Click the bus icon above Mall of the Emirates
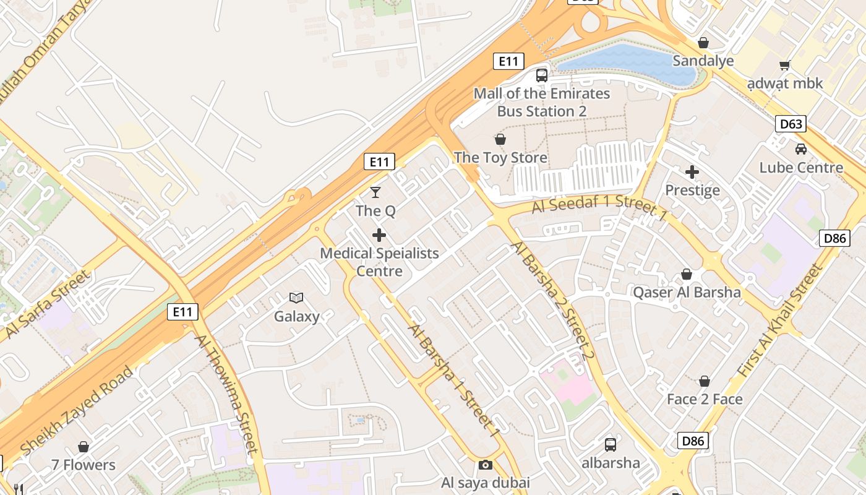(542, 75)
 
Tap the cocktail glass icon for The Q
(375, 192)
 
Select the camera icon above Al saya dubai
(486, 465)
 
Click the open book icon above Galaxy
(297, 298)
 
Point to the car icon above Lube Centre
(801, 149)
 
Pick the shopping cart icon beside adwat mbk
(785, 65)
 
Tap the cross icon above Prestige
(692, 172)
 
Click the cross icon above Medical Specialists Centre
(379, 235)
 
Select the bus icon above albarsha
(611, 444)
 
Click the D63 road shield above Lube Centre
(791, 124)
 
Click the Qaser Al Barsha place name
(687, 292)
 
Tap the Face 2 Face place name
(705, 399)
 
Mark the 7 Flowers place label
(84, 465)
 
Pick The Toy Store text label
(500, 158)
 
